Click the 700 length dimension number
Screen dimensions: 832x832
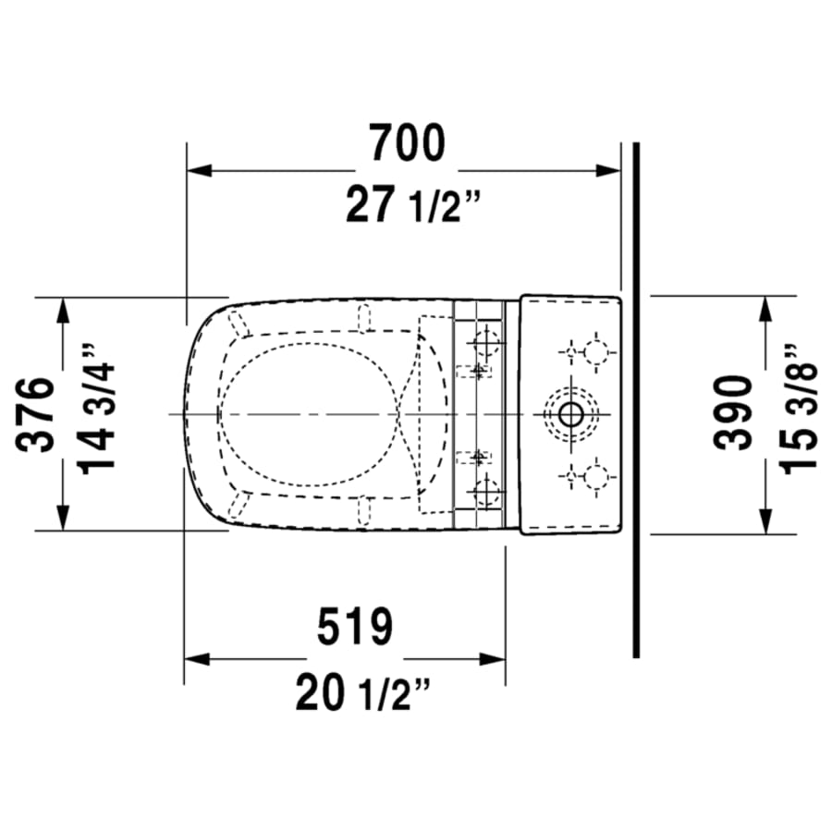(x=407, y=142)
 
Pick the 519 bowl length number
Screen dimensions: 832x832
(x=355, y=628)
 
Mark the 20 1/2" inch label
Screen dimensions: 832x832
(x=364, y=692)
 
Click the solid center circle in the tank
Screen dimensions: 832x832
(x=570, y=414)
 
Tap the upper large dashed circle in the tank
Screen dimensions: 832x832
(x=596, y=351)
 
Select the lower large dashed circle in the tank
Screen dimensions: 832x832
(x=596, y=477)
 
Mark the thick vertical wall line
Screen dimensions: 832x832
(x=636, y=398)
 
